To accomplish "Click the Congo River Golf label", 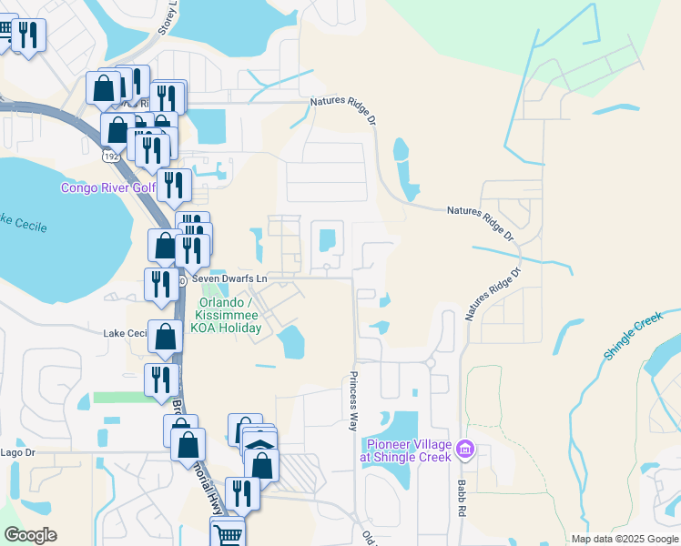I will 107,187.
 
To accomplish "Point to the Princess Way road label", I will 353,400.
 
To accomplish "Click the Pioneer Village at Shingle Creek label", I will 408,450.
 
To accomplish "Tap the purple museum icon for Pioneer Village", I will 465,449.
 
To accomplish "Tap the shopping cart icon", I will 228,532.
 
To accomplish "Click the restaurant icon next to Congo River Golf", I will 173,185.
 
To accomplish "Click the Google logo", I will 30,535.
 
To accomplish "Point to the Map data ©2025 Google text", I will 624,539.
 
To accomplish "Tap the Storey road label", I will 165,18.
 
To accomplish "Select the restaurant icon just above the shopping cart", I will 241,492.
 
